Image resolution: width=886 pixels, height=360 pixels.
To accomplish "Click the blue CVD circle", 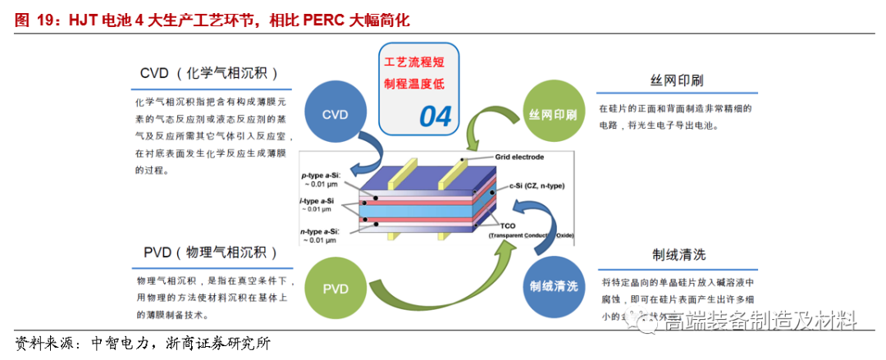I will tap(335, 115).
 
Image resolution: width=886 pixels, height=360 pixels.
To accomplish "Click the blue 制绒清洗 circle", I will tap(552, 286).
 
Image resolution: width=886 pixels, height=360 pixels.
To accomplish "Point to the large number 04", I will tap(436, 116).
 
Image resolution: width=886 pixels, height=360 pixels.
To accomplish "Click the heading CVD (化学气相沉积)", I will tap(208, 74).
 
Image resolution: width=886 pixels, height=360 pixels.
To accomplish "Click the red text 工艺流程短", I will tap(418, 62).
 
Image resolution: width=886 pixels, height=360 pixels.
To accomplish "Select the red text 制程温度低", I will tap(418, 84).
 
